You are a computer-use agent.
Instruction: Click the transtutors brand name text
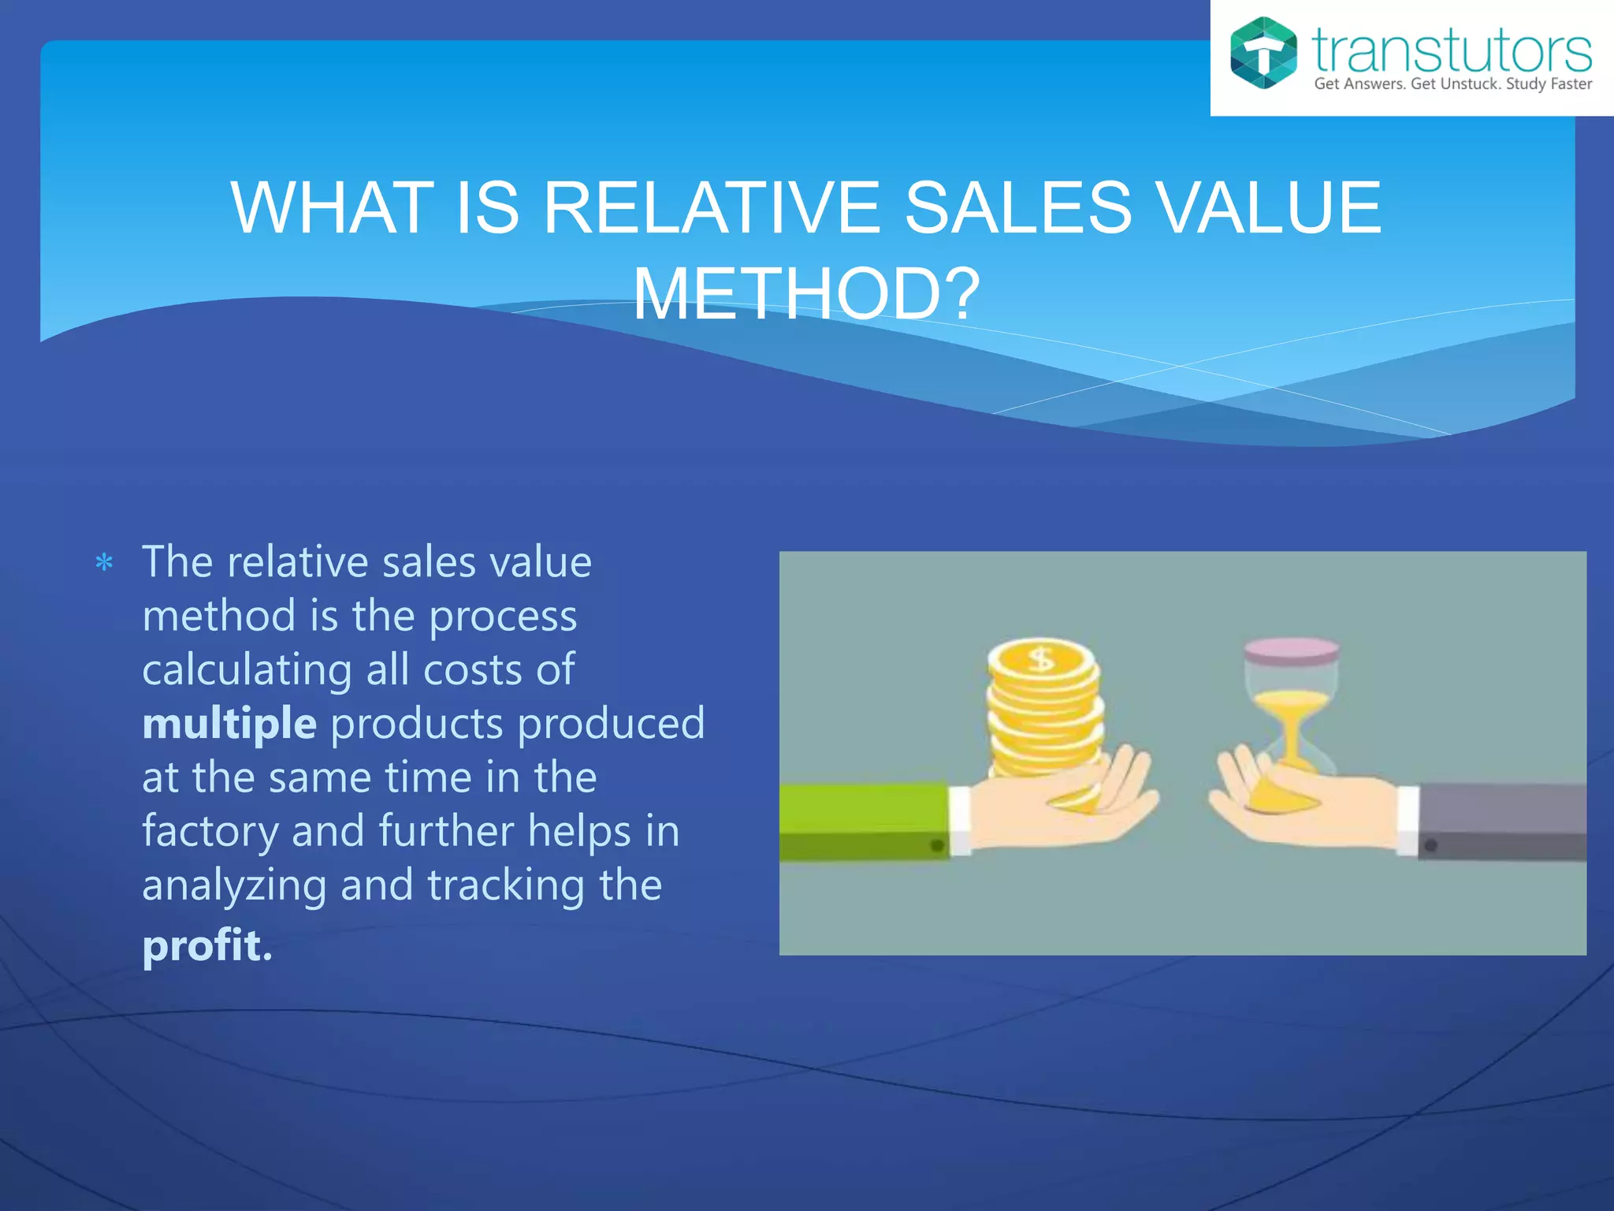1451,50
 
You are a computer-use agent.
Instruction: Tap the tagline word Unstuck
1470,84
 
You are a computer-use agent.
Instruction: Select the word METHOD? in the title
806,294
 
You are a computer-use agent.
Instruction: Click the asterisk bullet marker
104,563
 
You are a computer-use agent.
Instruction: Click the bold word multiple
229,723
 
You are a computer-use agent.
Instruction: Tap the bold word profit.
206,945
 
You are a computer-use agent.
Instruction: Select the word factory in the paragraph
210,831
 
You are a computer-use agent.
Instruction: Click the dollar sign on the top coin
1042,658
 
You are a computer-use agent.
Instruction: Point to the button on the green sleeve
937,845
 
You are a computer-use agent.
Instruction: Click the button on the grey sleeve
1431,846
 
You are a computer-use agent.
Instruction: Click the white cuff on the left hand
960,820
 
